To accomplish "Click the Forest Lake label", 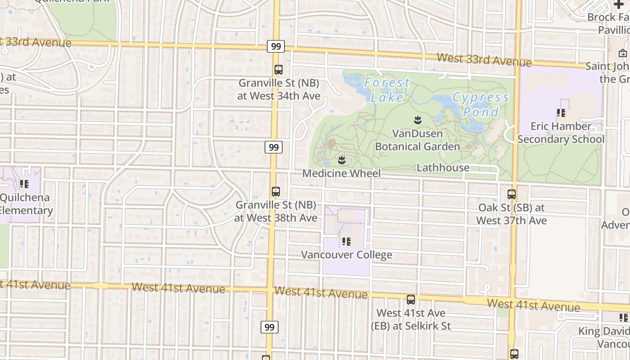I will (387, 90).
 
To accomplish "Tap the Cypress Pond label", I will (481, 104).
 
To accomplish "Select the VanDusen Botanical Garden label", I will (417, 140).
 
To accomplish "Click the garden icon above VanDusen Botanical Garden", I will (418, 120).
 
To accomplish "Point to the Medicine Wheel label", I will (341, 173).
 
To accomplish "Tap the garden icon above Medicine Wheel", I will (342, 160).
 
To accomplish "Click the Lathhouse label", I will (443, 167).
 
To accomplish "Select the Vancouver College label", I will (346, 255).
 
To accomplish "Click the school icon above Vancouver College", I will (346, 242).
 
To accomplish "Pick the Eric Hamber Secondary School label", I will (561, 133).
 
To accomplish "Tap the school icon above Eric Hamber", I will (561, 112).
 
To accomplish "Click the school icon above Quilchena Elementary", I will (24, 184).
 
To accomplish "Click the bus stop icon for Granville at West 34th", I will (279, 70).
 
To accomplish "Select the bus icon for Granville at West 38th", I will (276, 192).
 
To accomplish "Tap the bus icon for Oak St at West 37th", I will (512, 194).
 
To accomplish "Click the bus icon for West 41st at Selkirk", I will (411, 300).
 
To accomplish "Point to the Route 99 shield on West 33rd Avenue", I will (276, 46).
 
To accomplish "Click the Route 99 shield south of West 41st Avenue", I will (269, 327).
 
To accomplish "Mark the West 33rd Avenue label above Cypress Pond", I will (484, 59).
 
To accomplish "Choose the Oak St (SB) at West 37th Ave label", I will (512, 214).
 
